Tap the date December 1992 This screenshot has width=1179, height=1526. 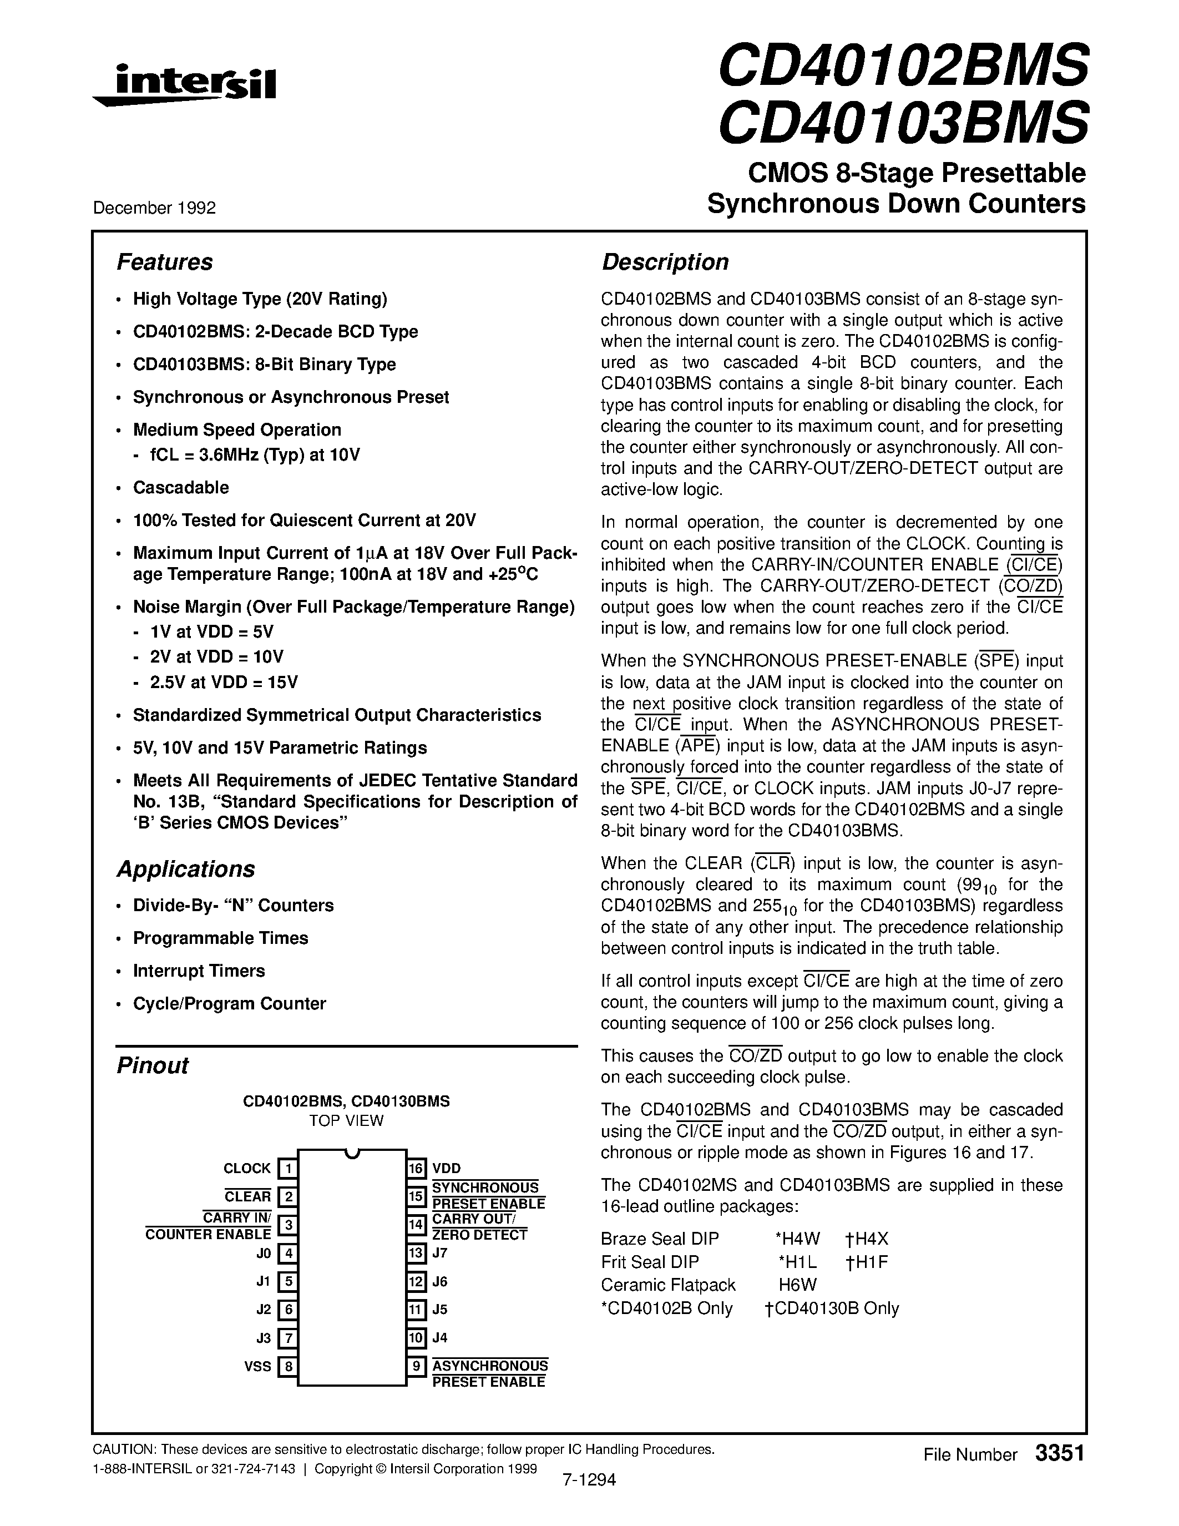154,208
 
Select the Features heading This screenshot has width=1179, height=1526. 164,262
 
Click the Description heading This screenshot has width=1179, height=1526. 664,262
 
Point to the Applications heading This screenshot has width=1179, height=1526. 185,869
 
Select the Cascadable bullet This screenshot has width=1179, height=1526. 181,488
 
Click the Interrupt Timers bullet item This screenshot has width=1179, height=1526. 199,971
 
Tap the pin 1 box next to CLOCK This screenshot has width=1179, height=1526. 288,1169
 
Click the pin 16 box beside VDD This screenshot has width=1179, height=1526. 416,1169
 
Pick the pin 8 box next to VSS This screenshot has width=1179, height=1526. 288,1366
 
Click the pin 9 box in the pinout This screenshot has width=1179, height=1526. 416,1366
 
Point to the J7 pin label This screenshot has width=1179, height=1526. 439,1253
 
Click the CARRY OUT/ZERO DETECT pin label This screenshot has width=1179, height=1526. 479,1227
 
